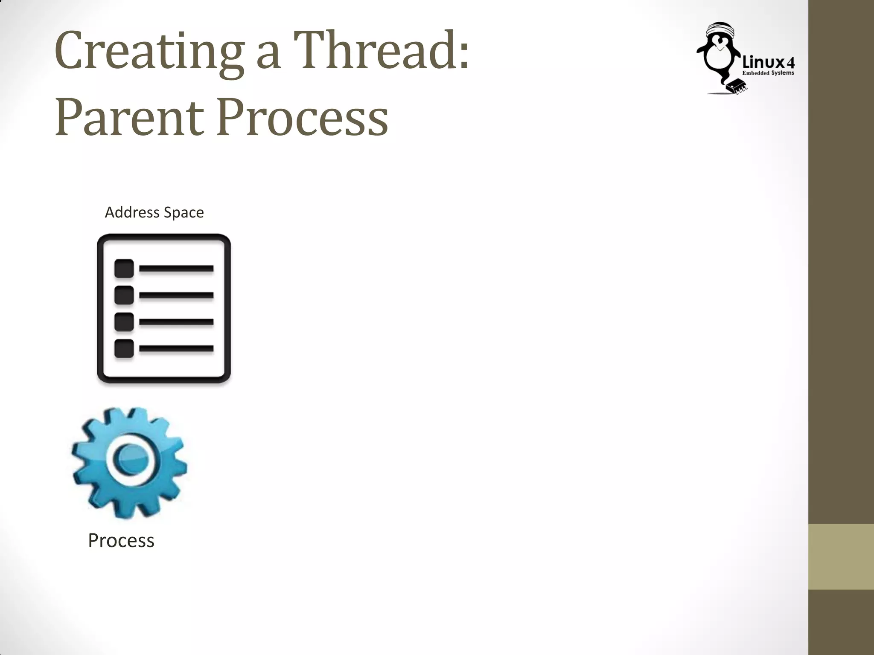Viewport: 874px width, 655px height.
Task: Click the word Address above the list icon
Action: click(132, 212)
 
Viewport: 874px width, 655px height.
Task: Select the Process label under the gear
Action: click(121, 540)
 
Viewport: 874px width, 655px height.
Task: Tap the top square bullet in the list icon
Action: click(124, 268)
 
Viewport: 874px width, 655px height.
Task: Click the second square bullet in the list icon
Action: click(124, 295)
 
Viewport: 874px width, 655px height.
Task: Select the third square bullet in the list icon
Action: click(124, 322)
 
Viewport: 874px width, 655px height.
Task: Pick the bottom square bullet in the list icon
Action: click(124, 348)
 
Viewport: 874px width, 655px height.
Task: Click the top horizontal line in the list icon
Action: click(176, 268)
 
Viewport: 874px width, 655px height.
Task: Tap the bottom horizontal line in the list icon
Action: click(176, 348)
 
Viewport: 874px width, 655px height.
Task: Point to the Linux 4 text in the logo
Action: click(768, 63)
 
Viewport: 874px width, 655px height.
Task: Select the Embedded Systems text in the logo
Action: click(768, 73)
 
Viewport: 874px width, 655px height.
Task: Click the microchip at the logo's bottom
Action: click(737, 85)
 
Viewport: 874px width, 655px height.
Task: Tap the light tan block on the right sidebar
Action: click(841, 556)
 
